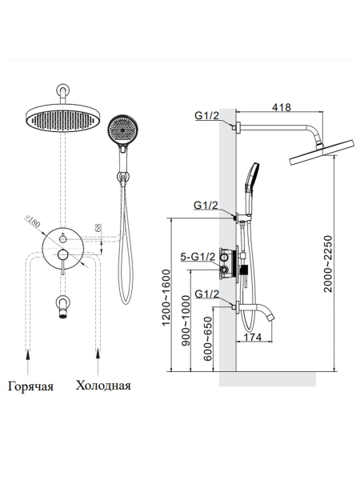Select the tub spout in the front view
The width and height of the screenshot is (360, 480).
pyautogui.click(x=62, y=305)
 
